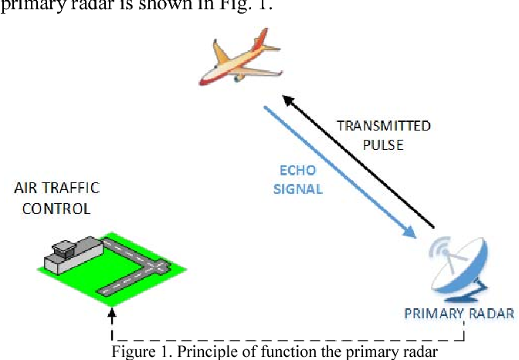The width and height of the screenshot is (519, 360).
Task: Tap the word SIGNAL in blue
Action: pos(298,188)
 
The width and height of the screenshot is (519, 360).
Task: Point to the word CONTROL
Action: pos(56,208)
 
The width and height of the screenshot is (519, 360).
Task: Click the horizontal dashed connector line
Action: pos(286,338)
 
